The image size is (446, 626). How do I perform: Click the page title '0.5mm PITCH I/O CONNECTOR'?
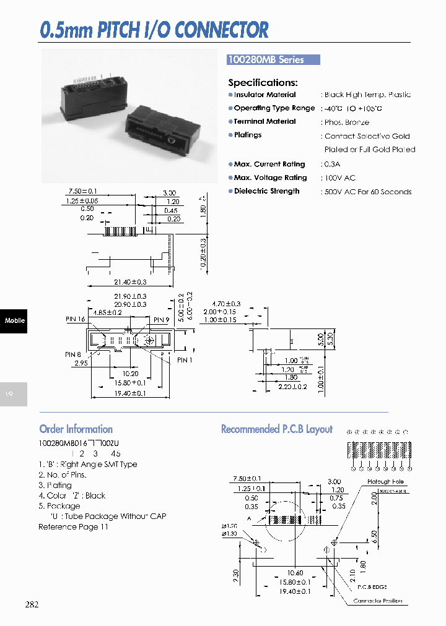154,30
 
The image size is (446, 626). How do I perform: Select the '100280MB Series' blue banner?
273,60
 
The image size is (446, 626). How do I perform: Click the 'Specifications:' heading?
263,82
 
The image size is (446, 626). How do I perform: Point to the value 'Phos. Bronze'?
347,122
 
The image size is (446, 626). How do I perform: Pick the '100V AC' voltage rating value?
340,178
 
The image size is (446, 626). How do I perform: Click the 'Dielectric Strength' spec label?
266,191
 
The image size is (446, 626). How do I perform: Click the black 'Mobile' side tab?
14,320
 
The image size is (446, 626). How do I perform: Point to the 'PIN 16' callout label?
76,319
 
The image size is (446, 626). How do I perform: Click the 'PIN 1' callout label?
185,360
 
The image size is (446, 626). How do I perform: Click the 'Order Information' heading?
76,429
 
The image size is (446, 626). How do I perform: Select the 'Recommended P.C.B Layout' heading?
277,429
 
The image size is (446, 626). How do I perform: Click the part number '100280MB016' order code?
64,443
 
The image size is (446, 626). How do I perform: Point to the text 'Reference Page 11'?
73,526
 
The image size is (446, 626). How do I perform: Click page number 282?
32,604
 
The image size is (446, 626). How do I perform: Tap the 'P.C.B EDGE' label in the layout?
372,586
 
